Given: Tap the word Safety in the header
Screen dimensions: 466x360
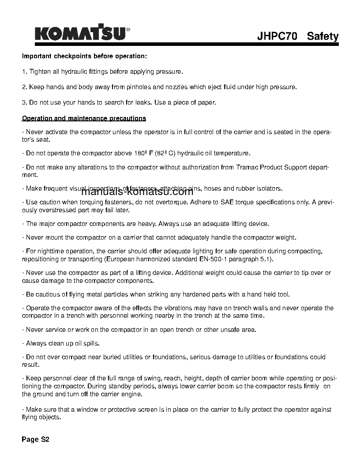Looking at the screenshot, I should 322,36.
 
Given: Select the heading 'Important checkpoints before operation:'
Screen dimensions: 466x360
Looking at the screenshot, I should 84,56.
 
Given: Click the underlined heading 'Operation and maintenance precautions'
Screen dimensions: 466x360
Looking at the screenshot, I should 84,118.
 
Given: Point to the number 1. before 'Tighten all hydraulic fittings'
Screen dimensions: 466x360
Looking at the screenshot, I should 24,71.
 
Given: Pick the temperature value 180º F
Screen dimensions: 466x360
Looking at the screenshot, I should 142,153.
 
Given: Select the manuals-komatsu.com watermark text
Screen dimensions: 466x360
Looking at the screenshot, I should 137,192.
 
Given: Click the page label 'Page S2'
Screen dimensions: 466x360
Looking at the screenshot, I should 35,440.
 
